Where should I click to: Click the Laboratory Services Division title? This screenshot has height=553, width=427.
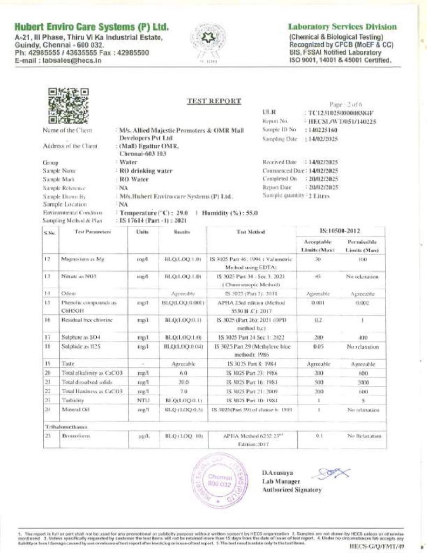(x=342, y=26)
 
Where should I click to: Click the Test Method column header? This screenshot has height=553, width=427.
(x=250, y=232)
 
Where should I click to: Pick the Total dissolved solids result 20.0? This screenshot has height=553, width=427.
(x=182, y=382)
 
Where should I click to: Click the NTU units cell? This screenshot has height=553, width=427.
(x=143, y=400)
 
